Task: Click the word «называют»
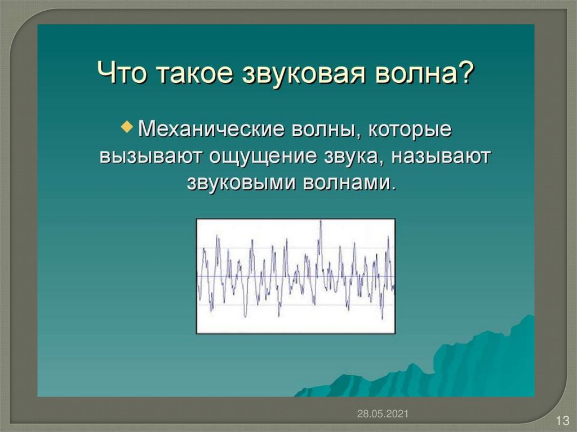(x=441, y=157)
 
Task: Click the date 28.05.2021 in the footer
(x=383, y=413)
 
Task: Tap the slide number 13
(x=562, y=420)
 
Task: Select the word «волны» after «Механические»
(x=326, y=130)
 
